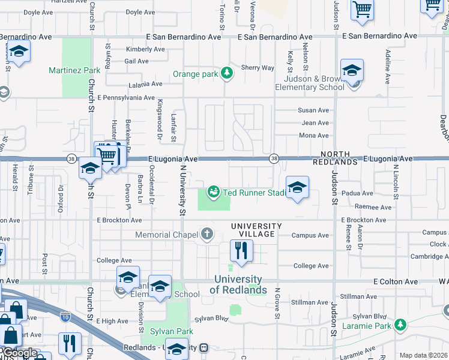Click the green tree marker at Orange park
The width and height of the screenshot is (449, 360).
click(x=226, y=74)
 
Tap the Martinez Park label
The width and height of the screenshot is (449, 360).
click(x=74, y=70)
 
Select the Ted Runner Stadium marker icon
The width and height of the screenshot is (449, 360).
click(x=212, y=192)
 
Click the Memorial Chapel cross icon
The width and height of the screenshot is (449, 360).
click(x=207, y=234)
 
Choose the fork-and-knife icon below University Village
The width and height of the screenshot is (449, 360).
click(x=241, y=251)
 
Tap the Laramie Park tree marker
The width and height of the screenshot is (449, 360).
click(x=400, y=326)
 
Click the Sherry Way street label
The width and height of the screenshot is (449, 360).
click(x=258, y=68)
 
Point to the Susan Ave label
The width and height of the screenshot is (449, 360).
click(x=313, y=110)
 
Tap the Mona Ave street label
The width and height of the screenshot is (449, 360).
click(x=313, y=136)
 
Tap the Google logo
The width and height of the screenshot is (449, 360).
click(x=19, y=353)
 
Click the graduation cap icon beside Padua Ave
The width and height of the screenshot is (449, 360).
click(x=297, y=187)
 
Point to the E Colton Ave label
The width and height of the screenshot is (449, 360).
click(x=395, y=281)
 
